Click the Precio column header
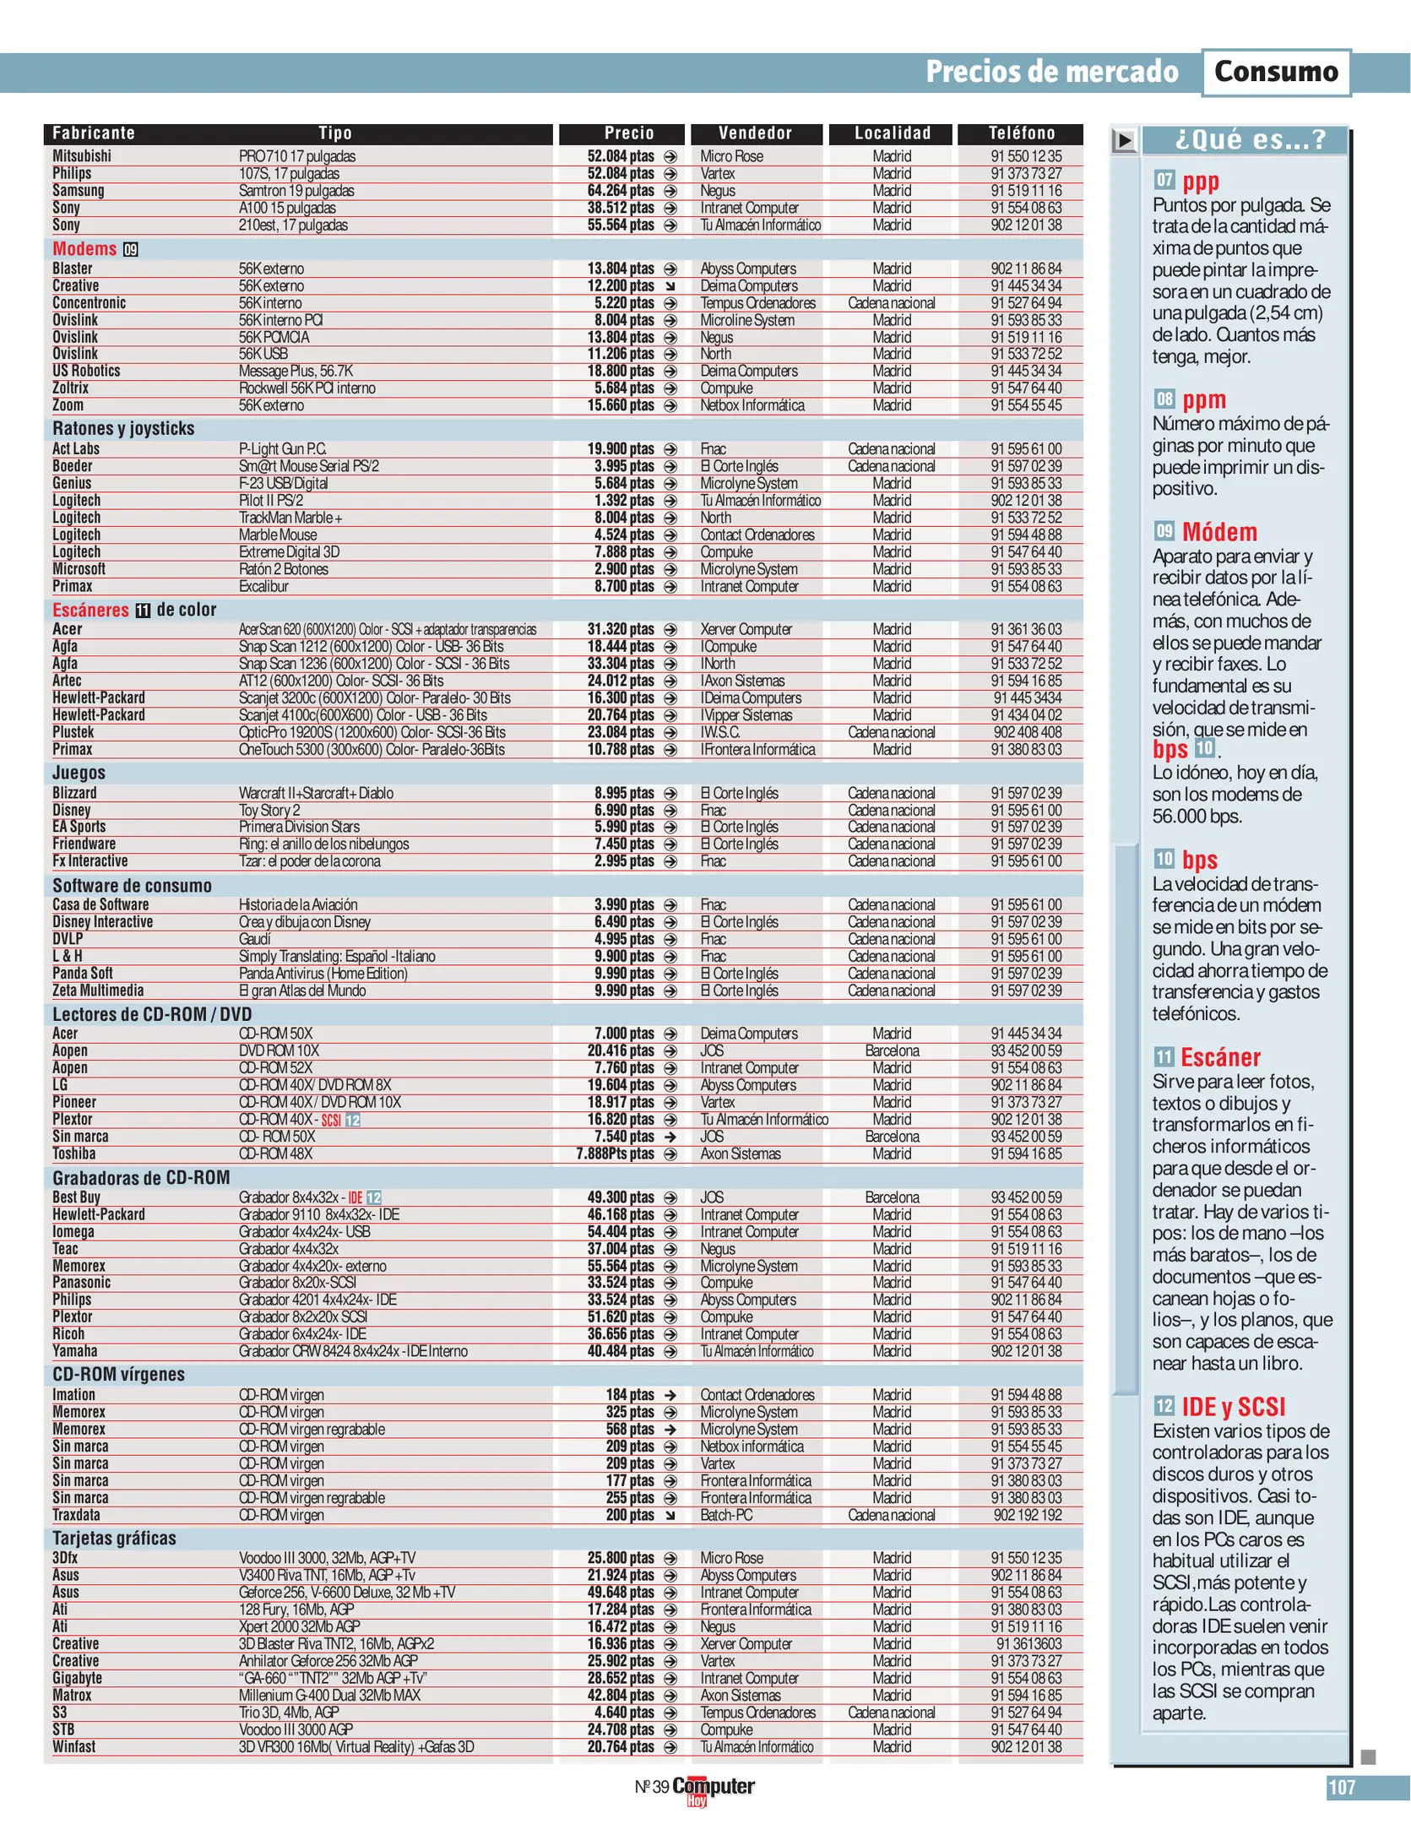click(628, 133)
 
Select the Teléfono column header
click(1021, 133)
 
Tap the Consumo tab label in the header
click(1275, 72)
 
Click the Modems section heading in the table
click(84, 248)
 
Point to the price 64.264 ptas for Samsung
click(621, 191)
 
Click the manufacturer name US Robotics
click(86, 371)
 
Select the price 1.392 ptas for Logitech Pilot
click(624, 500)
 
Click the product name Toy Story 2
click(269, 810)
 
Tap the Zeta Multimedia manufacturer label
click(98, 990)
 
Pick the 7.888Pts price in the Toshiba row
click(615, 1154)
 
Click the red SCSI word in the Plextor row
click(331, 1120)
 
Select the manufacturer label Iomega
click(73, 1231)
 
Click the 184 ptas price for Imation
click(630, 1394)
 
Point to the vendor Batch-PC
click(726, 1514)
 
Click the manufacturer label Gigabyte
click(77, 1678)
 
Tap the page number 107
click(1341, 1787)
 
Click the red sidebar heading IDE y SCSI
click(1233, 1406)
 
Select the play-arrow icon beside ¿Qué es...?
click(1123, 139)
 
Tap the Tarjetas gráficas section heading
click(114, 1538)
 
